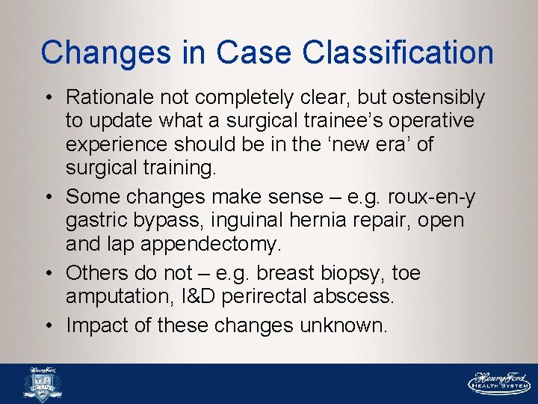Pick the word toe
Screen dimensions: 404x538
pyautogui.click(x=407, y=274)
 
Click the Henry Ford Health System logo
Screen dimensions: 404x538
pyautogui.click(x=498, y=382)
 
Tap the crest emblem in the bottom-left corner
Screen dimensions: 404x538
pyautogui.click(x=42, y=384)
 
